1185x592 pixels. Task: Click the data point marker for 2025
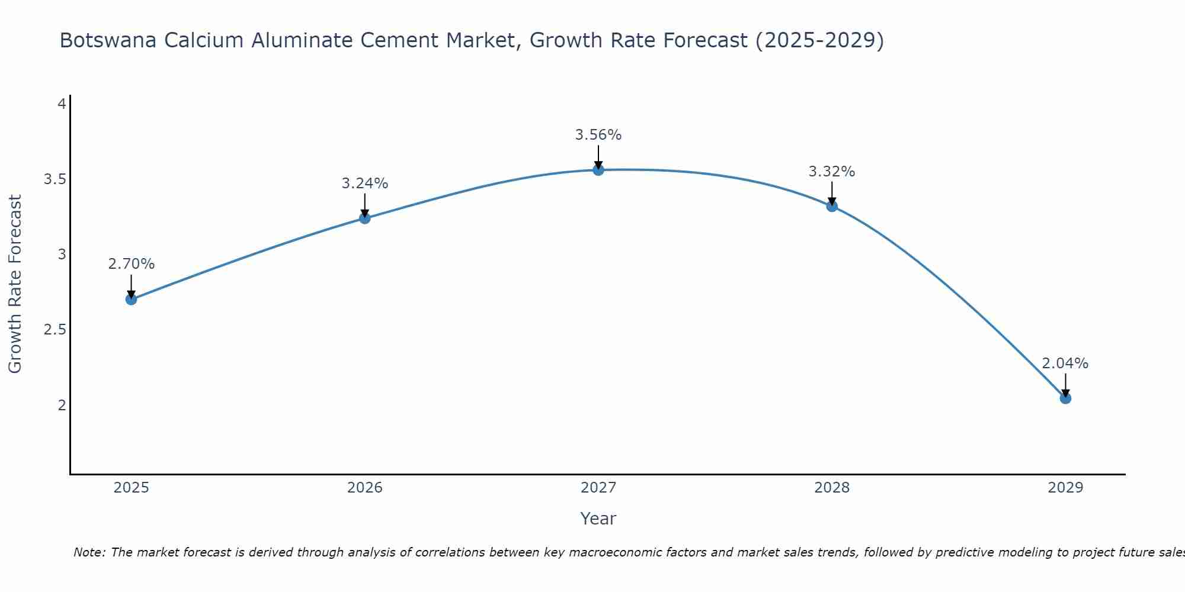point(132,300)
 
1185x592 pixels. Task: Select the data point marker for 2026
point(365,218)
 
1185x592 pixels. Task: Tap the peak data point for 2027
point(598,170)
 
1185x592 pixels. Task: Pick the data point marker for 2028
point(832,206)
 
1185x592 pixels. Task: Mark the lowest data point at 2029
point(1065,398)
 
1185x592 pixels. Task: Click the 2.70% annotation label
point(132,264)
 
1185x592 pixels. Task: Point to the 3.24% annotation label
point(365,184)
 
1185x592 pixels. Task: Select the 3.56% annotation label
point(598,135)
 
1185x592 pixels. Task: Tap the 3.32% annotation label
point(832,172)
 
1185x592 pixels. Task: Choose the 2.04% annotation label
point(1065,363)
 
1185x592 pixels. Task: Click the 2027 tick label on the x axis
point(598,488)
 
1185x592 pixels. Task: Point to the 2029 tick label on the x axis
point(1065,488)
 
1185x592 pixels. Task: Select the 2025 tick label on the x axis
point(132,488)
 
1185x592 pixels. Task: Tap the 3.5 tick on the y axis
point(55,179)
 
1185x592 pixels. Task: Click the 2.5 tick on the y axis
point(55,330)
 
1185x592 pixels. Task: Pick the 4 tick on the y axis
point(61,104)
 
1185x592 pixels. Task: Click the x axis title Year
point(598,519)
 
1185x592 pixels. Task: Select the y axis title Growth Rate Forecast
point(15,284)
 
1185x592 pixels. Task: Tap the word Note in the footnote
point(89,552)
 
